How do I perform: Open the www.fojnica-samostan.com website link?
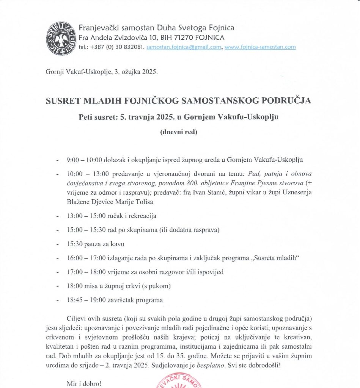260,47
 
